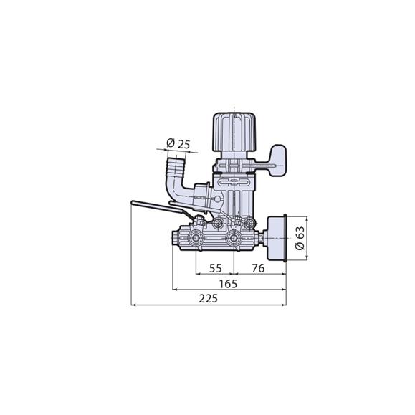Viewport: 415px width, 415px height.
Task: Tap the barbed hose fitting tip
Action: (175, 170)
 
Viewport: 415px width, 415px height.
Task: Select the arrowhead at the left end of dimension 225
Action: (135, 304)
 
